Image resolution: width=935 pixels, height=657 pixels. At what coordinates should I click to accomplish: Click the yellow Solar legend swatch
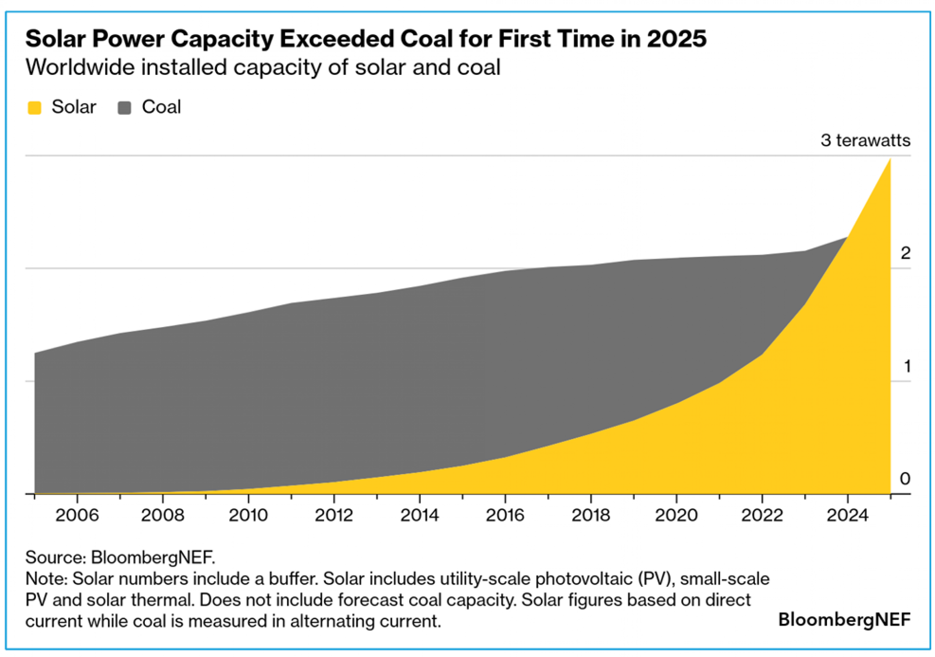coord(35,108)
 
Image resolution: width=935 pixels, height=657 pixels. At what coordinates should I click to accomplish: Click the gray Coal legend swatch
coord(124,108)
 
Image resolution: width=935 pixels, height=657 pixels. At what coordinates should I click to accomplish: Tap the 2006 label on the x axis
coord(77,515)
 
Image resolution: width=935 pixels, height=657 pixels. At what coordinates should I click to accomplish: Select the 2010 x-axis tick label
coord(248,515)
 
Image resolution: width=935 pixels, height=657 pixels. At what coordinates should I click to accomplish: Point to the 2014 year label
coord(420,515)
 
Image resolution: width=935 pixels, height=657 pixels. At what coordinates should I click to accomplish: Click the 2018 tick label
coord(591,515)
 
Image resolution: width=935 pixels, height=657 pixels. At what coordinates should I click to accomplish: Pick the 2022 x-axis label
coord(762,515)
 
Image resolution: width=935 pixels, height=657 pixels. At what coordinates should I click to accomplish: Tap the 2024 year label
coord(848,515)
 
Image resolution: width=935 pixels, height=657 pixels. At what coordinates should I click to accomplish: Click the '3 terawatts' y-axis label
coord(865,140)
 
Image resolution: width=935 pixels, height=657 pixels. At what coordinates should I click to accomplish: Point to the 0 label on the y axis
coord(905,479)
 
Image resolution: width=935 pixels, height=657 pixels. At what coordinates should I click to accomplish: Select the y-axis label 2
coord(906,253)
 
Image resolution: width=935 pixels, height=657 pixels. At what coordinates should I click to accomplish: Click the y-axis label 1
coord(907,366)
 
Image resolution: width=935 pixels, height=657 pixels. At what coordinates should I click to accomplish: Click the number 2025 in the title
coord(676,38)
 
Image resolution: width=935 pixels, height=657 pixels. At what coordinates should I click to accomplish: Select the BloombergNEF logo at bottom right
coord(844,620)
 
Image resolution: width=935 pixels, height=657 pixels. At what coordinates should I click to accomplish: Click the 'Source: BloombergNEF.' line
coord(120,557)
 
